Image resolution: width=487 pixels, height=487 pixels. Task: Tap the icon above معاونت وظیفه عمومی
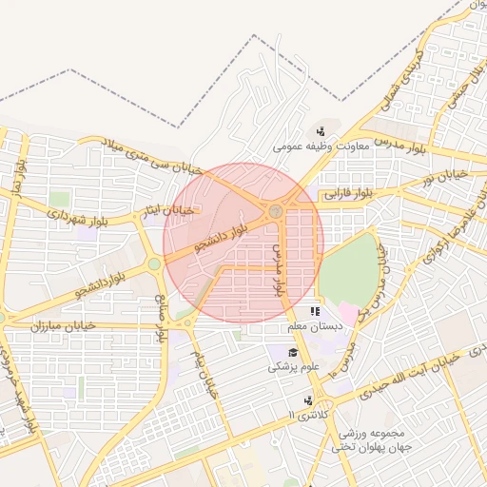[x=321, y=131]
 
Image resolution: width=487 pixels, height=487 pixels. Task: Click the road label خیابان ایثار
[x=168, y=209]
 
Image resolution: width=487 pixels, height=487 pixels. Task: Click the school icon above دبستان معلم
[x=315, y=312]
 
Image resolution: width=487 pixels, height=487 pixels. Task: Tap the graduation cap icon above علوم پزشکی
[x=282, y=352]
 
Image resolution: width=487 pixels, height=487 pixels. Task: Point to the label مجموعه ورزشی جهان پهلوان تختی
[x=371, y=439]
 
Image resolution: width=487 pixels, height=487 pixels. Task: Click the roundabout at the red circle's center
[x=275, y=211]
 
